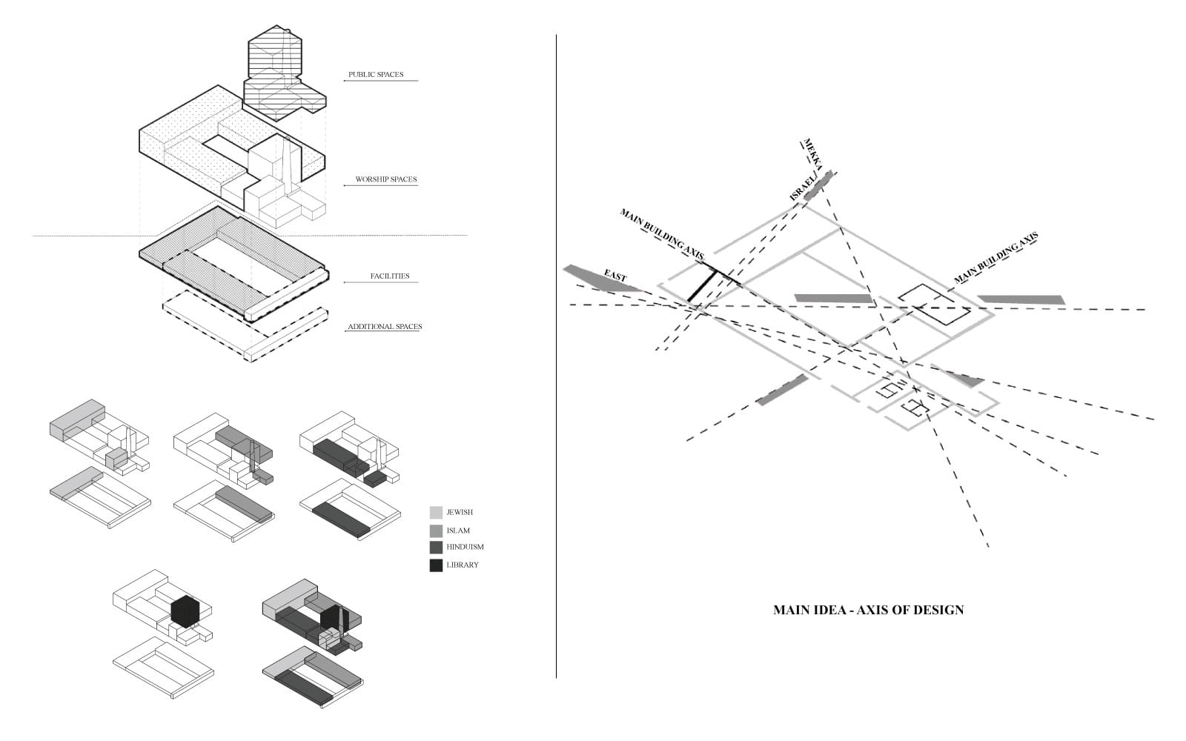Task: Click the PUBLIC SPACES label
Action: click(x=376, y=75)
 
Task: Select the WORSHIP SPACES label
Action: click(x=386, y=179)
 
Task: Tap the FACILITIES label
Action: click(x=390, y=276)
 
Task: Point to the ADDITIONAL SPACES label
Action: click(x=385, y=327)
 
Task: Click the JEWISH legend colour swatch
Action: click(x=436, y=512)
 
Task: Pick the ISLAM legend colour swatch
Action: click(x=436, y=531)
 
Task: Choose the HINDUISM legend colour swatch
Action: click(x=436, y=548)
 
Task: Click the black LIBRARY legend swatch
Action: click(x=436, y=565)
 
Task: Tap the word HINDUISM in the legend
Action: click(x=465, y=548)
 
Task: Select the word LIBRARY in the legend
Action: click(x=463, y=565)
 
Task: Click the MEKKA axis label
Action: click(x=812, y=154)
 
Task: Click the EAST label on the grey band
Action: click(x=615, y=276)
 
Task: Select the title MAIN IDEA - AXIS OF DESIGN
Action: click(x=868, y=611)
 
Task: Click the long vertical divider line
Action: click(x=556, y=356)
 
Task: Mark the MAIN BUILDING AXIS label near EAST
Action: click(x=662, y=234)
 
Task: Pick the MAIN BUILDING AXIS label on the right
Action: click(x=996, y=257)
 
